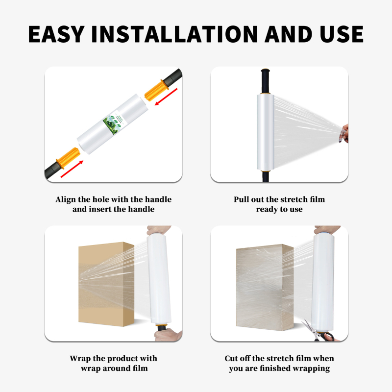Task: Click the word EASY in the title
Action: (x=56, y=34)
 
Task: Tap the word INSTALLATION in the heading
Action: (x=174, y=34)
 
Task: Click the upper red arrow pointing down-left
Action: (x=166, y=97)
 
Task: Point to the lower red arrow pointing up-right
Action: (x=72, y=169)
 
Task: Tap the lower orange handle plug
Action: (x=68, y=158)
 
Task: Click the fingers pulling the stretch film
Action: (x=344, y=134)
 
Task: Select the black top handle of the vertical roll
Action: (x=265, y=81)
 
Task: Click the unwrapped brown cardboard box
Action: (x=106, y=284)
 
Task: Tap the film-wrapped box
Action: (x=265, y=287)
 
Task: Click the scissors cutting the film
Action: (x=318, y=331)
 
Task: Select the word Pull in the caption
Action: (x=241, y=199)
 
